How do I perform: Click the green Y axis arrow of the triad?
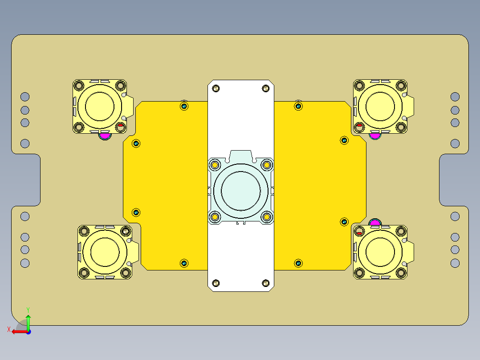pyautogui.click(x=28, y=319)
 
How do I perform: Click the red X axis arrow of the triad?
pyautogui.click(x=15, y=331)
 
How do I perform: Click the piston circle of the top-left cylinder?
pyautogui.click(x=100, y=106)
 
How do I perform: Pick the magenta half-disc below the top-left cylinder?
pyautogui.click(x=105, y=135)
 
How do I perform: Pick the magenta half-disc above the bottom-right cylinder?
pyautogui.click(x=375, y=222)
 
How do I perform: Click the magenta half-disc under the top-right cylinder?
pyautogui.click(x=375, y=135)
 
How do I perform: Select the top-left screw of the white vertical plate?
pyautogui.click(x=216, y=88)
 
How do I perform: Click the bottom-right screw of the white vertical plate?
pyautogui.click(x=266, y=283)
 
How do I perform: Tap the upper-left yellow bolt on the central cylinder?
pyautogui.click(x=215, y=165)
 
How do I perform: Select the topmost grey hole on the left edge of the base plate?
pyautogui.click(x=25, y=97)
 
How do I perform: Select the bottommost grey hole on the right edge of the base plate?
pyautogui.click(x=455, y=263)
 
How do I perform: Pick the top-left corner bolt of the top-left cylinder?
pyautogui.click(x=80, y=85)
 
